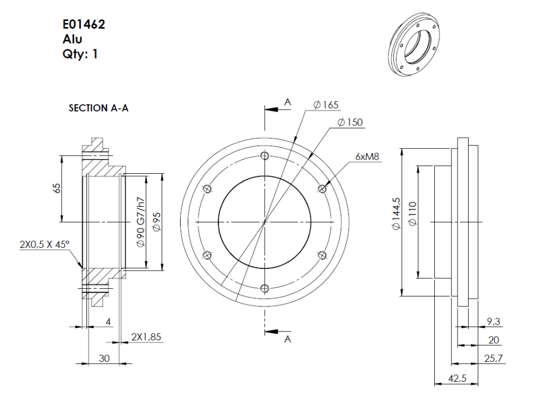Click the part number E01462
coord(83,25)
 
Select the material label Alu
coord(73,39)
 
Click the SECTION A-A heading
coord(99,108)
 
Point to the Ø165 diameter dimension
coord(326,105)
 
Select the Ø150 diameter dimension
coord(350,122)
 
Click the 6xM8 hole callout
coord(367,157)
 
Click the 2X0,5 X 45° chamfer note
coord(45,244)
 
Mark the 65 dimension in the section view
coord(57,188)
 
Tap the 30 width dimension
coord(104,358)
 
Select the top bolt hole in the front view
coord(265,156)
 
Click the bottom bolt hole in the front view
coord(265,288)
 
